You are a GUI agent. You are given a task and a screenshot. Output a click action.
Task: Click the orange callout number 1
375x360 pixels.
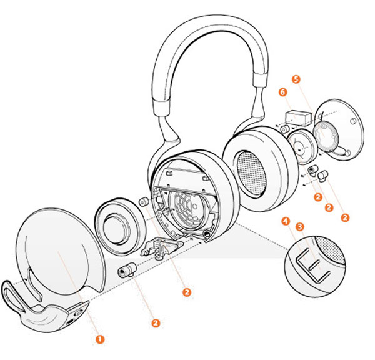99,339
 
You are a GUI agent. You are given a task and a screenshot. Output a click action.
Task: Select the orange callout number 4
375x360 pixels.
286,221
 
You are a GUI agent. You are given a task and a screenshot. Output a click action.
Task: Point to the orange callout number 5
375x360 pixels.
296,79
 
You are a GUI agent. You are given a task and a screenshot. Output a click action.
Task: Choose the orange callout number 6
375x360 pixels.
283,92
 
